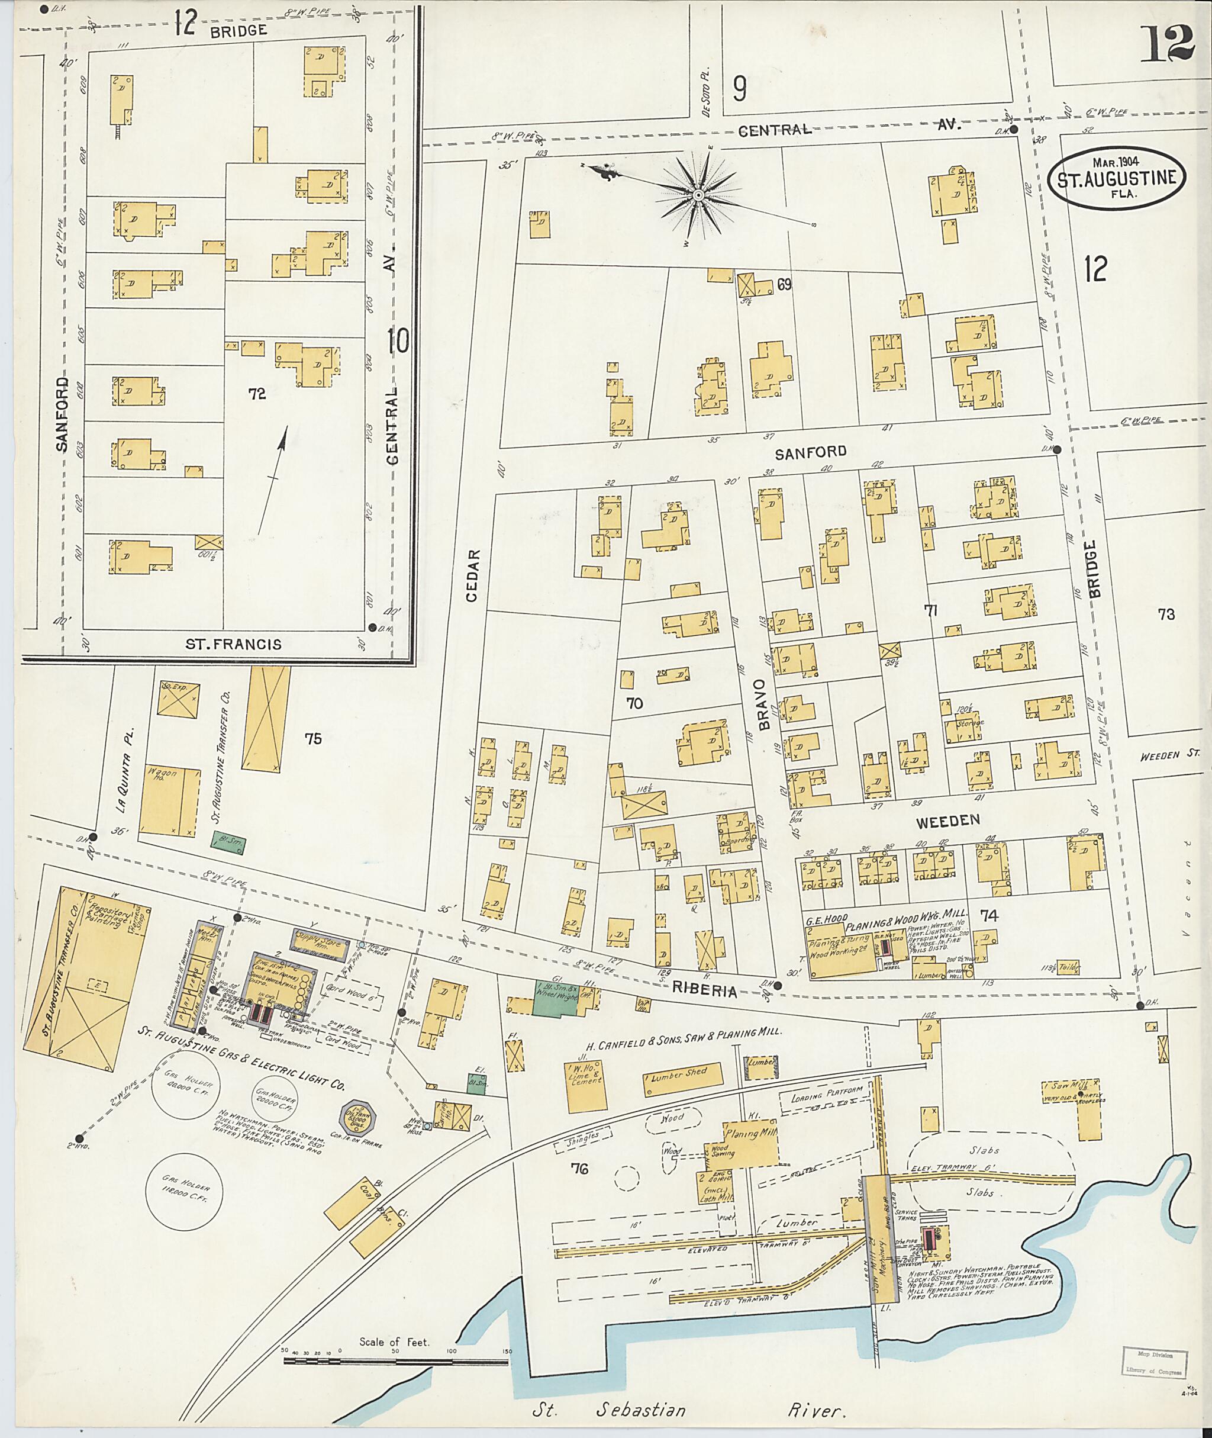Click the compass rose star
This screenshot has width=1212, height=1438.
click(x=698, y=195)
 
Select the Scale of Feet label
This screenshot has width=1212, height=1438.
click(x=394, y=1341)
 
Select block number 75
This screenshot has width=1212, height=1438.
click(x=312, y=739)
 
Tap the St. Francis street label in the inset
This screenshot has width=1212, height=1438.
click(x=234, y=644)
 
